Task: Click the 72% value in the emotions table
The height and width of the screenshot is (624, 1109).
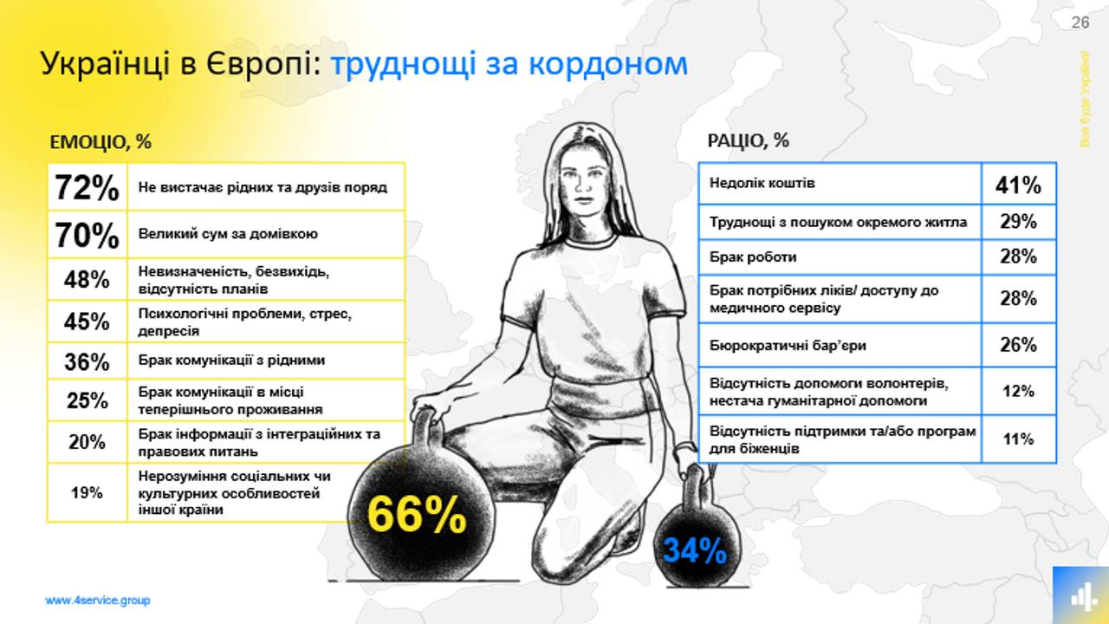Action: pyautogui.click(x=88, y=188)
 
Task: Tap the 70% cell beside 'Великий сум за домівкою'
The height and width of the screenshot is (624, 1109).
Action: pyautogui.click(x=88, y=235)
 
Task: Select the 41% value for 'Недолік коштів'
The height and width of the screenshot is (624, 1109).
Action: pyautogui.click(x=1018, y=185)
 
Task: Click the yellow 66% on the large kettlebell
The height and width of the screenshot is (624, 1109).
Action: pyautogui.click(x=417, y=514)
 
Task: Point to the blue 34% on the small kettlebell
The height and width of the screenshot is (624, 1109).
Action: pyautogui.click(x=695, y=550)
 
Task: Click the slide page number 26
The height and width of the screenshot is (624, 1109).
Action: pyautogui.click(x=1080, y=23)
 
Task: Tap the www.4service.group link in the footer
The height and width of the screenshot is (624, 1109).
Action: pyautogui.click(x=98, y=601)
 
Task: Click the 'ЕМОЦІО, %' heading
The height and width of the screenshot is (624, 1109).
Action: pyautogui.click(x=101, y=142)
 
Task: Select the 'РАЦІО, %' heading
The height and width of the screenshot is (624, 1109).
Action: pyautogui.click(x=748, y=140)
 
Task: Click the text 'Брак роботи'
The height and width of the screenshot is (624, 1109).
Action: pyautogui.click(x=753, y=257)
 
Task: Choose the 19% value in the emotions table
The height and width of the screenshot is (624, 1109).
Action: pyautogui.click(x=87, y=493)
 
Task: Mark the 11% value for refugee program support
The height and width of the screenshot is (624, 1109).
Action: pyautogui.click(x=1018, y=439)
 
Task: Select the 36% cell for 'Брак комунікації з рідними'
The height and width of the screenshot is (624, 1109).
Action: pyautogui.click(x=87, y=361)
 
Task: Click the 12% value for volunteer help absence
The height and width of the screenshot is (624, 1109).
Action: pyautogui.click(x=1018, y=391)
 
